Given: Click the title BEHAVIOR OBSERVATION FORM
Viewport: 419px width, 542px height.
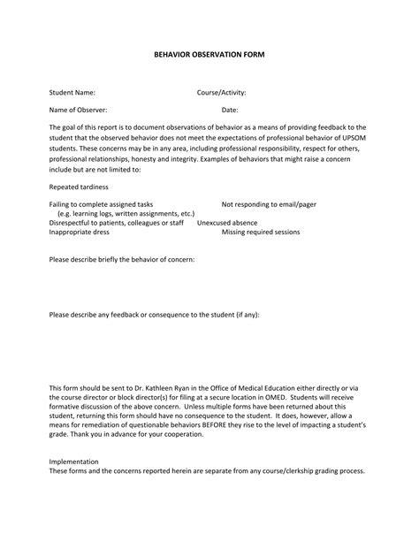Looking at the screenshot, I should click(209, 55).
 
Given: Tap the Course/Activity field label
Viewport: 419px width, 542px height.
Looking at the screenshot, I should click(221, 92).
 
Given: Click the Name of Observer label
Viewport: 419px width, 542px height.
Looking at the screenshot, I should click(79, 110).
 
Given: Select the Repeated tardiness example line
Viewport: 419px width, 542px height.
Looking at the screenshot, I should click(79, 187).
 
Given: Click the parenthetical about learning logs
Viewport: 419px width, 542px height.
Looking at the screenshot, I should click(126, 214).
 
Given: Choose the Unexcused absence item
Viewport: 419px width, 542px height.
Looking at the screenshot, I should click(227, 223).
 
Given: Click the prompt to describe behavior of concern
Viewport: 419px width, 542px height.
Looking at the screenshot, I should click(122, 260).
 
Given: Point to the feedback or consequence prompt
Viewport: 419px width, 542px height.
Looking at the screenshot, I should click(155, 315).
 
